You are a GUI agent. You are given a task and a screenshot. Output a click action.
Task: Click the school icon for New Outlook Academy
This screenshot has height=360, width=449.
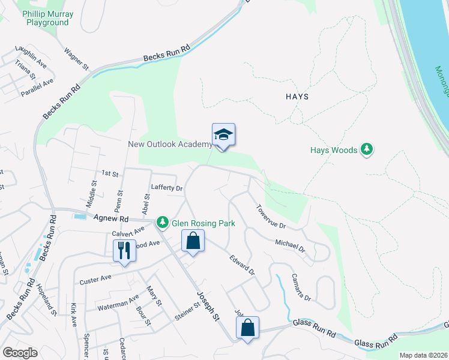click(223, 135)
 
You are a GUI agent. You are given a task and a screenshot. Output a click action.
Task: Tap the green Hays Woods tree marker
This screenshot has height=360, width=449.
click(367, 150)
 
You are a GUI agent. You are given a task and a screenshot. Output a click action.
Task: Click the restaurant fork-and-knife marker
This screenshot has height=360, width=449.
click(124, 250)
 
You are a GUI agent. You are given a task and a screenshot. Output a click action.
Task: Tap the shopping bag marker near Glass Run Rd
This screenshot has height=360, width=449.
click(247, 328)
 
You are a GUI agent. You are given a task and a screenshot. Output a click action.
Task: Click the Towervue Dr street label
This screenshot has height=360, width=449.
click(271, 217)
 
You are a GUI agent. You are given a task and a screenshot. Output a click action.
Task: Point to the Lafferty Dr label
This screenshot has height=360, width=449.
click(166, 188)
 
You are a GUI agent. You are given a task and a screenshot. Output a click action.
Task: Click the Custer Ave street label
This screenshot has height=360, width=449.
click(95, 279)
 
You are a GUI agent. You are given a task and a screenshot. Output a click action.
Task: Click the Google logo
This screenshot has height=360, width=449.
click(20, 353)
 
